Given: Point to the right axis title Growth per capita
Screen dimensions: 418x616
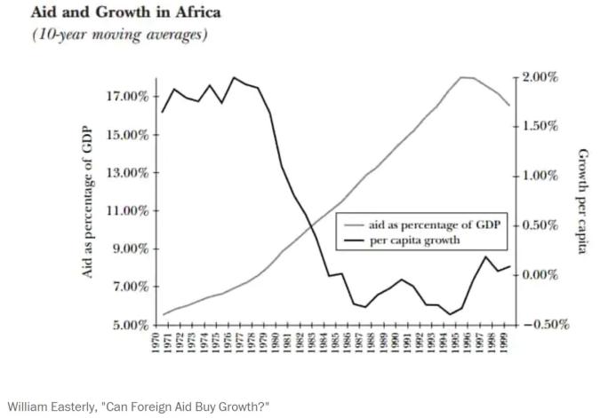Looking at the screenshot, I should (x=582, y=201).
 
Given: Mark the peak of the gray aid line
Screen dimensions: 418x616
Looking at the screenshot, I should (x=463, y=77).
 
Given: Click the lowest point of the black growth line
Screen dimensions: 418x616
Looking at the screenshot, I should (x=451, y=314).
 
